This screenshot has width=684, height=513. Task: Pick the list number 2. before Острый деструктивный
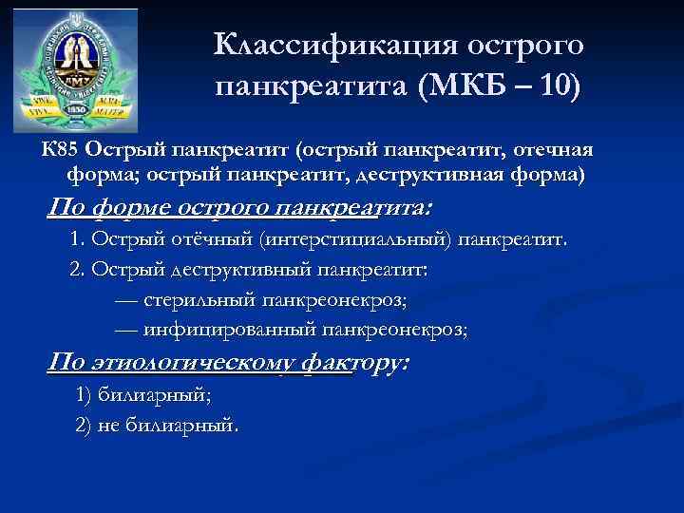(x=78, y=270)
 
